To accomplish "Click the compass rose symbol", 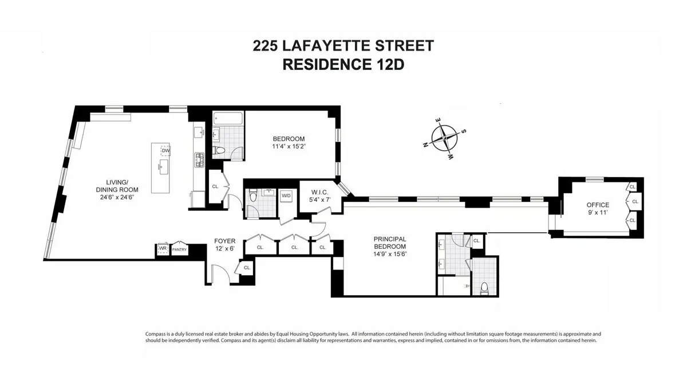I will tap(445, 138).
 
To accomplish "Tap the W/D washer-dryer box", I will tap(285, 195).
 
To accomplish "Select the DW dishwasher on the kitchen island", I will tap(165, 150).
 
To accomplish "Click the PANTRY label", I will tap(179, 249).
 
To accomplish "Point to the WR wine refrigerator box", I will tap(163, 249).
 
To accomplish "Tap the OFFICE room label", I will tap(597, 205).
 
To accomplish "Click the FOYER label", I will tap(224, 241).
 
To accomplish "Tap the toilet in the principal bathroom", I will tap(484, 287).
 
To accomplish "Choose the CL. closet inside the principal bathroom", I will tap(476, 241).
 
